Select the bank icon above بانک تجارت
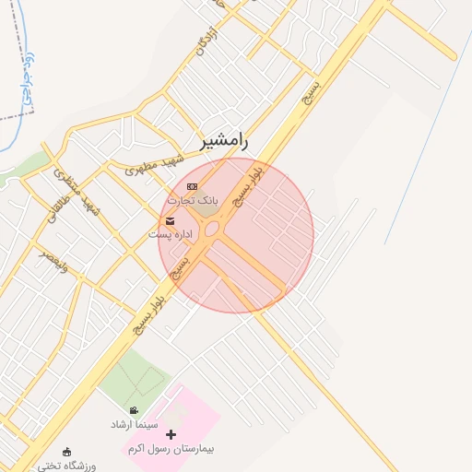pyautogui.click(x=192, y=186)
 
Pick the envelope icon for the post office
pyautogui.click(x=171, y=220)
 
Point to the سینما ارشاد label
pyautogui.click(x=134, y=424)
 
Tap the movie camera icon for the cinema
pyautogui.click(x=135, y=411)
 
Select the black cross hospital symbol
pyautogui.click(x=171, y=434)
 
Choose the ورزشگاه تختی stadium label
pyautogui.click(x=67, y=466)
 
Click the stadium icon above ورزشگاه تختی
pyautogui.click(x=66, y=452)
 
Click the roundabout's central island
pyautogui.click(x=212, y=229)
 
